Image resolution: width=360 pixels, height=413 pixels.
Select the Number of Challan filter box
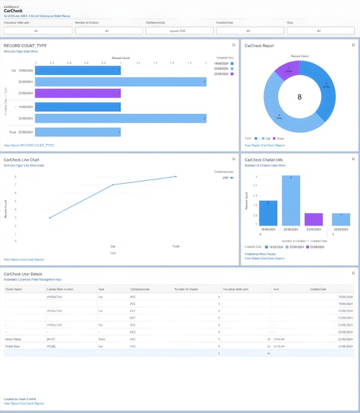(x=107, y=31)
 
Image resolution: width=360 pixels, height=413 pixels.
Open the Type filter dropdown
(x=319, y=31)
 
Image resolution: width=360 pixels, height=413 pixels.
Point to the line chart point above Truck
(x=176, y=177)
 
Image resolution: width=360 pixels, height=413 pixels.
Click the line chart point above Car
(x=112, y=185)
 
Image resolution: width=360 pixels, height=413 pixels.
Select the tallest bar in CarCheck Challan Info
(x=291, y=201)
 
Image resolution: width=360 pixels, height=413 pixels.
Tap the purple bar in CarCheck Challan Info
(x=314, y=220)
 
